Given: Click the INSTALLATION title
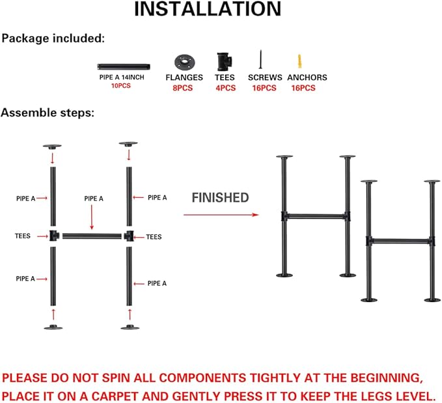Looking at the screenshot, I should pos(208,10).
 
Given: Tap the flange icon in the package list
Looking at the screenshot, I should pos(184,63).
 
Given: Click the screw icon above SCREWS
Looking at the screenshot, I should pos(259,61).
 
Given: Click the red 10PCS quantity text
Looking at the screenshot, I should pos(122,86).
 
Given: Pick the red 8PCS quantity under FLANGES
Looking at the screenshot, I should pos(184,88).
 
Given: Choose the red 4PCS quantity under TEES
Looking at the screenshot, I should pos(225,88).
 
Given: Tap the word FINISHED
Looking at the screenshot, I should pos(220,197).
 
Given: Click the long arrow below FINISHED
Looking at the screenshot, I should pos(221,214).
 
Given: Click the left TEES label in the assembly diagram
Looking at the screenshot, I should pos(25,236).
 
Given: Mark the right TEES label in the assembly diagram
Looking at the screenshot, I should pos(154,237).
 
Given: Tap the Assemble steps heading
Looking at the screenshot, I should pos(48,113).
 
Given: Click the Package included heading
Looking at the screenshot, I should pos(53,38).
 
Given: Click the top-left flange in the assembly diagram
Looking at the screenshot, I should pos(51,145).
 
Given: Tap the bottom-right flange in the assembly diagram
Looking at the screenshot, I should pos(129,326).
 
